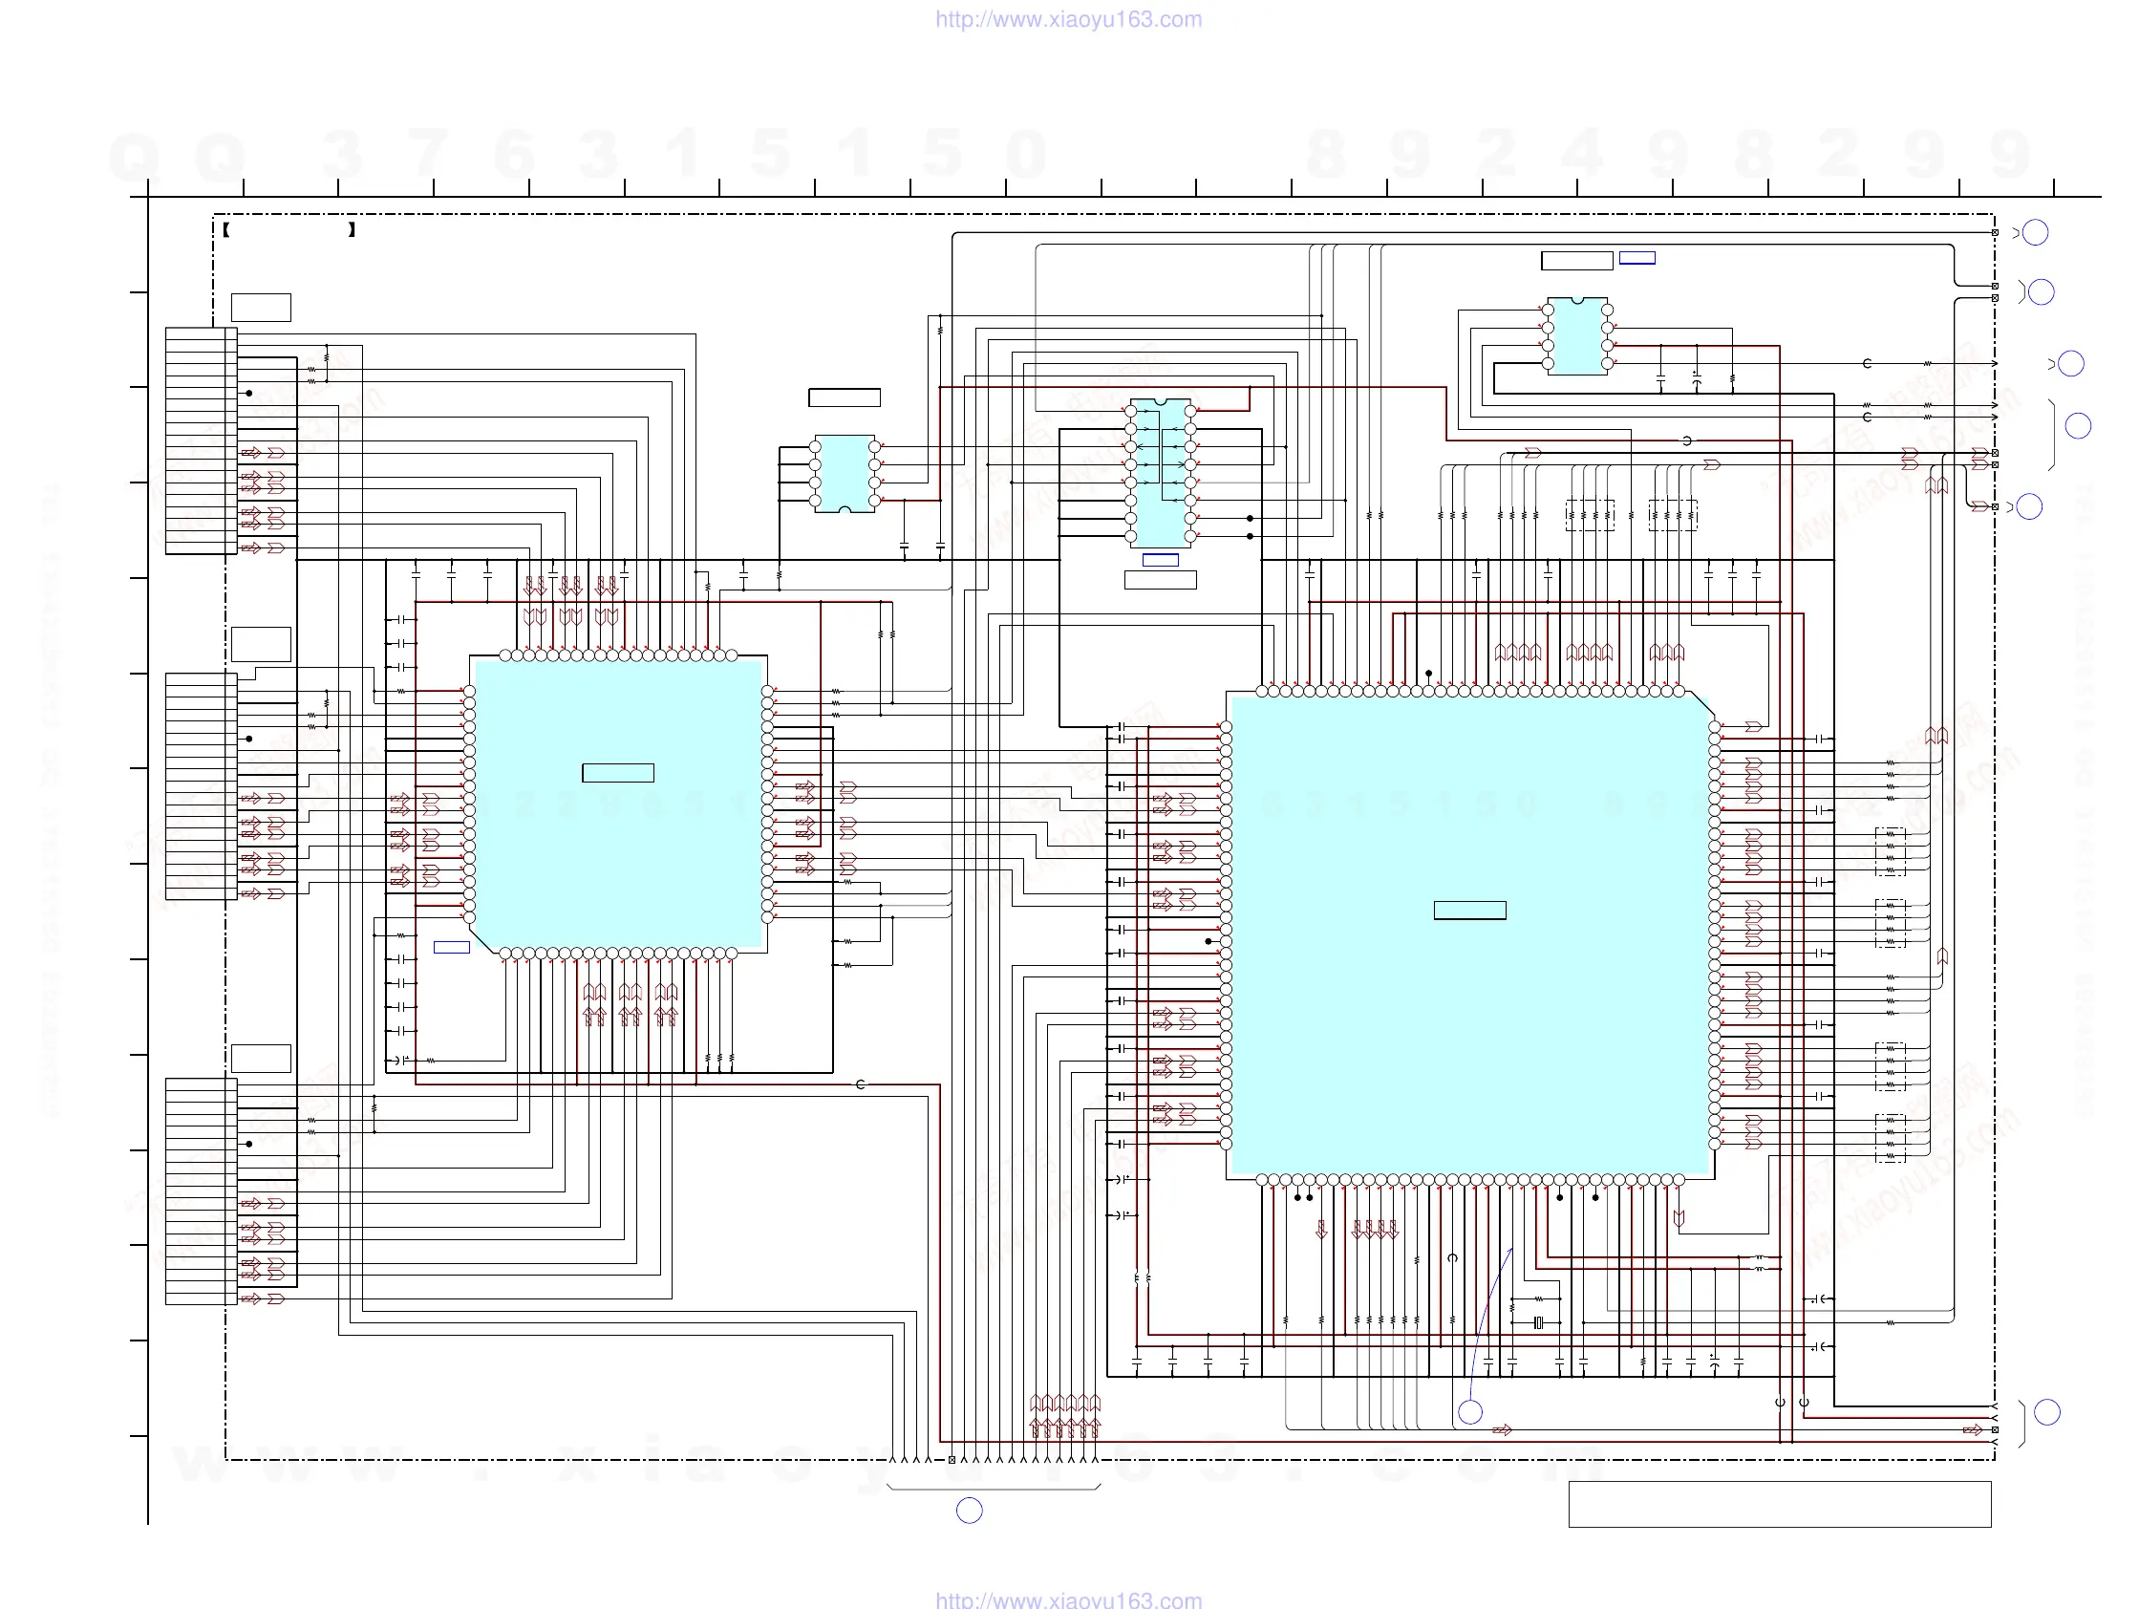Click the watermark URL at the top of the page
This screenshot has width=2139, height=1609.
pyautogui.click(x=1068, y=19)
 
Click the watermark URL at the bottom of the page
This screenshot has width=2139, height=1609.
pyautogui.click(x=1068, y=1599)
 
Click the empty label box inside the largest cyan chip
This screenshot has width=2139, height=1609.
pyautogui.click(x=1469, y=910)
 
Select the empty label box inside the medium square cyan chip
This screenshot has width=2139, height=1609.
pyautogui.click(x=618, y=773)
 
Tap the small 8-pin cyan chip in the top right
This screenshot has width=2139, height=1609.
pyautogui.click(x=1577, y=336)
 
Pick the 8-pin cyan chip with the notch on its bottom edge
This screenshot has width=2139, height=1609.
pyautogui.click(x=845, y=474)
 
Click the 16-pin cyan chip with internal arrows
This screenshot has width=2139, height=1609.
pyautogui.click(x=1161, y=473)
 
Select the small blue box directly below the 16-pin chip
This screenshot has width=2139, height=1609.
pyautogui.click(x=1161, y=560)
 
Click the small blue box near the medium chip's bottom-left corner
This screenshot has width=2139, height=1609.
pyautogui.click(x=452, y=947)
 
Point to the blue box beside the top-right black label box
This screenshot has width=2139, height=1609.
pyautogui.click(x=1637, y=258)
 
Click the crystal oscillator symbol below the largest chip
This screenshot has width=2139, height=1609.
pyautogui.click(x=1538, y=1322)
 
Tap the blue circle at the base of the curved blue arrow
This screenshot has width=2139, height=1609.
pyautogui.click(x=1470, y=1413)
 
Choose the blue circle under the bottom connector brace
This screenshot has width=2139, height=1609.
pyautogui.click(x=969, y=1511)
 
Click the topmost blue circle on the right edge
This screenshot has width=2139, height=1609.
pyautogui.click(x=2036, y=233)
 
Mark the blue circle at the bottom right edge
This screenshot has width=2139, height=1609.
pyautogui.click(x=2047, y=1413)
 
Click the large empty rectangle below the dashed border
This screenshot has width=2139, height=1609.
pyautogui.click(x=1779, y=1504)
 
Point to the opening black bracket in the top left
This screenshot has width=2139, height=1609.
pyautogui.click(x=225, y=230)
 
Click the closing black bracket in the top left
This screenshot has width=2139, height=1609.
pyautogui.click(x=352, y=230)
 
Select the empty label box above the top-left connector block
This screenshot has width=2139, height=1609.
pyautogui.click(x=261, y=308)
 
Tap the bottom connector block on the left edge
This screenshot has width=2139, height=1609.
pyautogui.click(x=202, y=1191)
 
